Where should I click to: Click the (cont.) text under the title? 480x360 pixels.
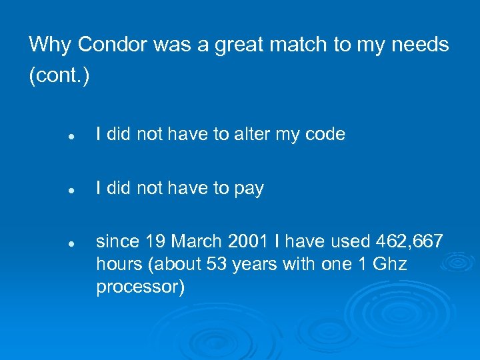59,76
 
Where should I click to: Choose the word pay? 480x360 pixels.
249,189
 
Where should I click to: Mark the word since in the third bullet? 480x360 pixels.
117,240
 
